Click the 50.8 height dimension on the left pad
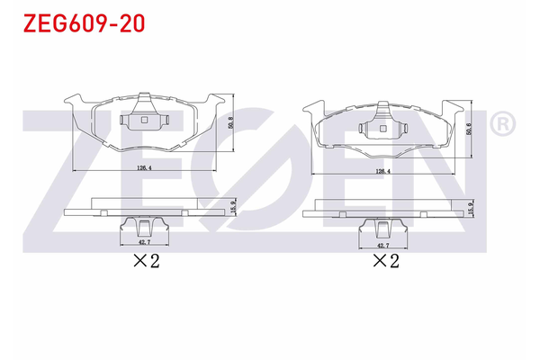point(233,123)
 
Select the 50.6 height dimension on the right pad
point(470,130)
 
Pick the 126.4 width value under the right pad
point(382,171)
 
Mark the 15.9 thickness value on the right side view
point(469,208)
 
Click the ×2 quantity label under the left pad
point(146,261)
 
